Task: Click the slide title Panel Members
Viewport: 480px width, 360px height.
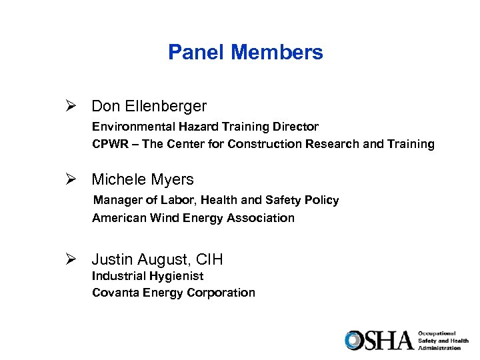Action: pos(245,52)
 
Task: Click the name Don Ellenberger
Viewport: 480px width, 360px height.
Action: pos(149,106)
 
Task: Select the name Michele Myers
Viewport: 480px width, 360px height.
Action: pos(143,179)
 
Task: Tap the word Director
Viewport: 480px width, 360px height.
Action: pos(295,127)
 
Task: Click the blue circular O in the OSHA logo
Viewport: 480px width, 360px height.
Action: pos(354,340)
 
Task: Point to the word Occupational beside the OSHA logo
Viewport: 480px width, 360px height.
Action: pos(437,333)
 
